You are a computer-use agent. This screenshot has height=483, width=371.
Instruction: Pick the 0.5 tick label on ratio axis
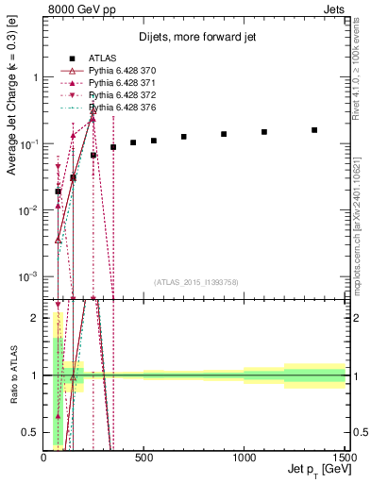(30, 432)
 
